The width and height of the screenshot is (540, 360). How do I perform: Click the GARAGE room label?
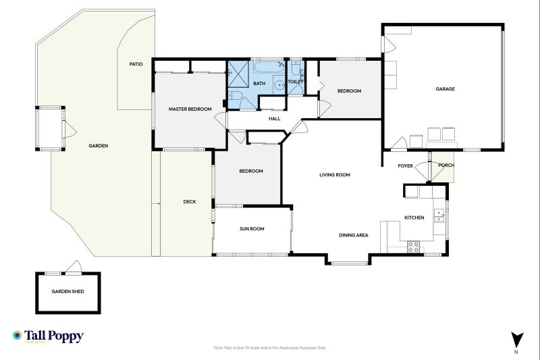(x=444, y=89)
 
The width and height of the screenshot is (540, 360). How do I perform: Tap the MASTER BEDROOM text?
(x=190, y=109)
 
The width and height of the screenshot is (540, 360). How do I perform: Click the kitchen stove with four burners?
(x=412, y=245)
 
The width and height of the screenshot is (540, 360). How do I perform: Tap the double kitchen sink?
(x=439, y=214)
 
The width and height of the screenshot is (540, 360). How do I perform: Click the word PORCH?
(x=446, y=165)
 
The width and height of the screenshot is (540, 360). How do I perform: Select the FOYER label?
(x=405, y=165)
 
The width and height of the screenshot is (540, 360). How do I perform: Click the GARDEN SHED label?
(x=67, y=292)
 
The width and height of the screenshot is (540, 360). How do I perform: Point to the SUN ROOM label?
(x=252, y=229)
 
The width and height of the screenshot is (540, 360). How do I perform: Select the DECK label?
(x=190, y=201)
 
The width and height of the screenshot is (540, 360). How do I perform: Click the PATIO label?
(x=136, y=64)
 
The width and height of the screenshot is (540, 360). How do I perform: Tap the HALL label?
(x=274, y=119)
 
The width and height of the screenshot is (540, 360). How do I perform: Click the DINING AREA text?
(x=353, y=235)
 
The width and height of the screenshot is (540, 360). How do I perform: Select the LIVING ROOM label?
(x=334, y=175)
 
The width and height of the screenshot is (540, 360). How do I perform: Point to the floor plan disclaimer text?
(x=269, y=348)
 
